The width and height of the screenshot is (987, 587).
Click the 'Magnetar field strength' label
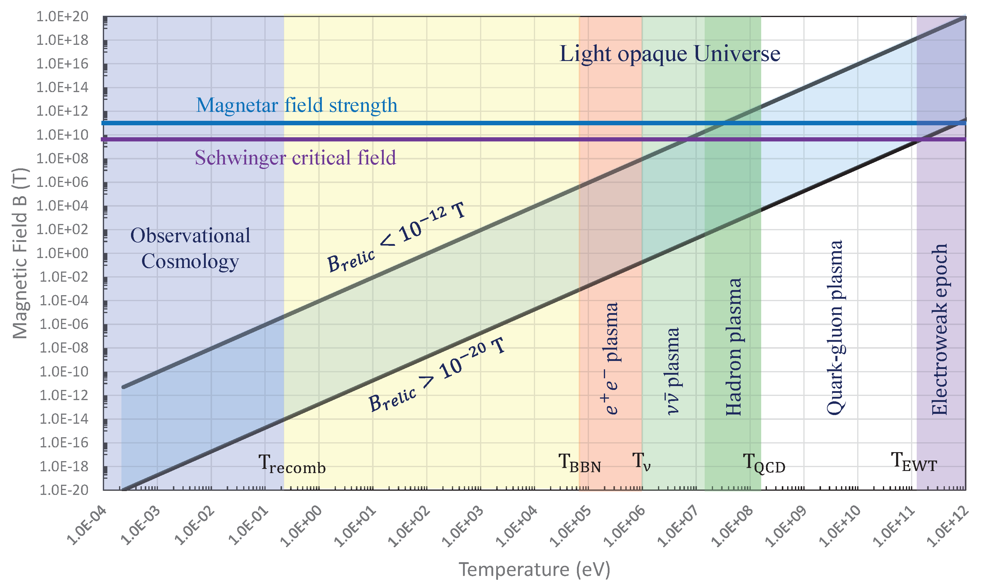click(297, 106)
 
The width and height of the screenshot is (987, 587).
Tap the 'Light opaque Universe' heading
click(669, 54)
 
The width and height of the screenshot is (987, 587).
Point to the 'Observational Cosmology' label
click(190, 248)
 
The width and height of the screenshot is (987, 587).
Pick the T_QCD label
click(764, 463)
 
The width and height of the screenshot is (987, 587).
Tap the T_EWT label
click(913, 462)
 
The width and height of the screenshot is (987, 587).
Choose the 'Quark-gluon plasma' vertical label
click(835, 327)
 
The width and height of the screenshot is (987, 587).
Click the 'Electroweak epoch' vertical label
click(939, 329)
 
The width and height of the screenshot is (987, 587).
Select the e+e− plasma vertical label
click(611, 358)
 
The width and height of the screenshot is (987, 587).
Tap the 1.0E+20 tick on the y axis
click(62, 17)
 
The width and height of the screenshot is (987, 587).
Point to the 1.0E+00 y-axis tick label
click(62, 253)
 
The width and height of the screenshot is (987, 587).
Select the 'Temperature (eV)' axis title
click(534, 570)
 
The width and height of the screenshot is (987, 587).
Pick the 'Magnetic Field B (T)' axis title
click(20, 254)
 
